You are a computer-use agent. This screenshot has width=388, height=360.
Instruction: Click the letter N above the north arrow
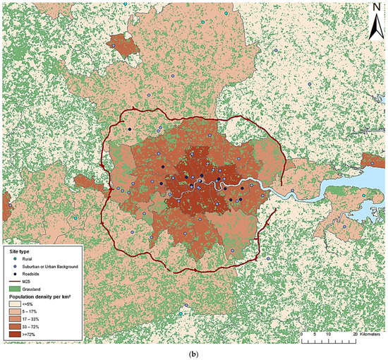point(374,8)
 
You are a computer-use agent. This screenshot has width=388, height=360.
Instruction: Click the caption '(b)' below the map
point(193,353)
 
